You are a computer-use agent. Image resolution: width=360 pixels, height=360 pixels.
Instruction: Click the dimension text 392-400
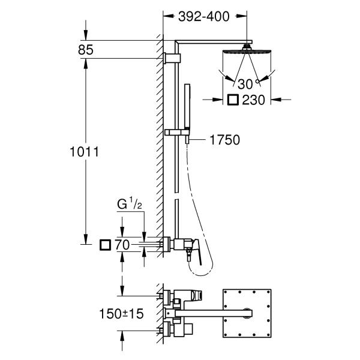pyautogui.click(x=204, y=17)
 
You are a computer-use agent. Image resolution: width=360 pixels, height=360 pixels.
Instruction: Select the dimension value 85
pyautogui.click(x=85, y=50)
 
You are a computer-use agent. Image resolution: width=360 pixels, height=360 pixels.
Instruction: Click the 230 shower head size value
pyautogui.click(x=254, y=100)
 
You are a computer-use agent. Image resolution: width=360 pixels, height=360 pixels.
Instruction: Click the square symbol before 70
pyautogui.click(x=106, y=244)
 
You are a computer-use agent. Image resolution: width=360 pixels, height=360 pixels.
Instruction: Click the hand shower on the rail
pyautogui.click(x=188, y=108)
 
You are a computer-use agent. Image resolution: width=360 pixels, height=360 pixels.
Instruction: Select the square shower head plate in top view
pyautogui.click(x=248, y=313)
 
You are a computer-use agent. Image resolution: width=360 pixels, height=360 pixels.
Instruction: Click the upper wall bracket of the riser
pyautogui.click(x=173, y=58)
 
